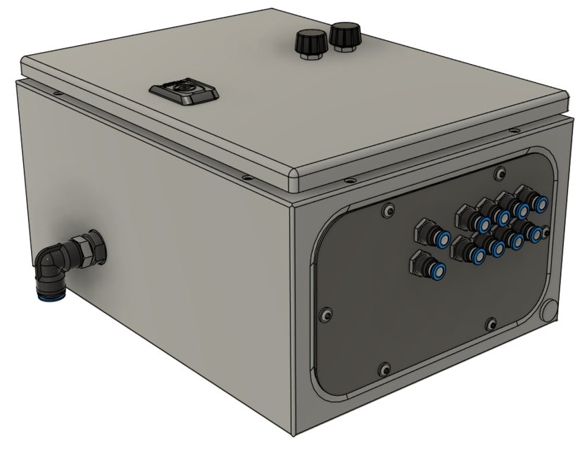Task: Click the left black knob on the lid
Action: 310,43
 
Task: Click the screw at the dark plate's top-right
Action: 499,173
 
